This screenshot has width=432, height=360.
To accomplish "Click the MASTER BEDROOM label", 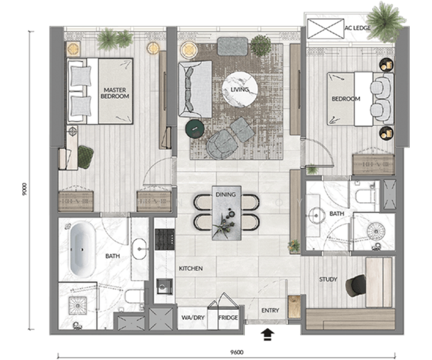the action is (115, 93).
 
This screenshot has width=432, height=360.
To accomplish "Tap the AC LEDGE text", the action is (358, 28).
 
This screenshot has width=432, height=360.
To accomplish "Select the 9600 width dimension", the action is (237, 352).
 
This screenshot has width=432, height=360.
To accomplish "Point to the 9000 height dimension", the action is (25, 189).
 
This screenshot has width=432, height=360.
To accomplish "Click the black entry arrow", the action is (267, 335).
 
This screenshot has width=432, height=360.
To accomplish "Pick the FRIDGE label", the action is (228, 317).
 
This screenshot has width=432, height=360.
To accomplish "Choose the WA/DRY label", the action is (193, 317).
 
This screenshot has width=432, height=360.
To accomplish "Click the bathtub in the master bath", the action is (82, 250).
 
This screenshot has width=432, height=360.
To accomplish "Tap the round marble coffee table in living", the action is (239, 89).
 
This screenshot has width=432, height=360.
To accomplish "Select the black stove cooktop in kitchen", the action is (165, 239).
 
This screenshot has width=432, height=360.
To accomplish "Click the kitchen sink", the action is (164, 287).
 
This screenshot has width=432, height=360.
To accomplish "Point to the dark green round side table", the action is (195, 128).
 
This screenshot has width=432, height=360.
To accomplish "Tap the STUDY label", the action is (328, 279).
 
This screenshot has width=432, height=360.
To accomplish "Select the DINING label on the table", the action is (226, 194).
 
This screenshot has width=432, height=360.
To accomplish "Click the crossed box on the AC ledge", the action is (326, 29).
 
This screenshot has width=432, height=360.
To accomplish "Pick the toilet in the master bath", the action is (134, 296).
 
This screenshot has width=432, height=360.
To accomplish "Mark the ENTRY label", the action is (270, 310).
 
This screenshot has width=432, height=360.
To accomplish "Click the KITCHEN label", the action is (191, 269).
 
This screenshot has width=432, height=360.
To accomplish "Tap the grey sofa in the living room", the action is (195, 89).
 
